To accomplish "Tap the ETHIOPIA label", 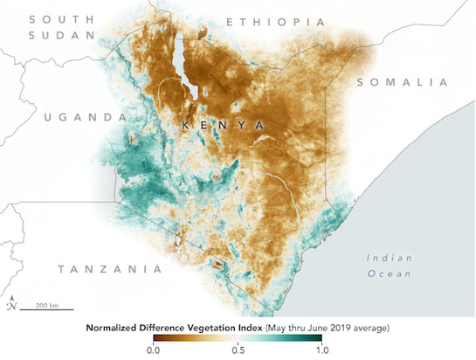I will click(276, 21).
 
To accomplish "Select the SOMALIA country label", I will click(401, 81).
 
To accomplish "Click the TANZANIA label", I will click(103, 269).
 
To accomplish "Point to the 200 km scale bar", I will click(41, 307).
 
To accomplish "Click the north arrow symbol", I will click(10, 305).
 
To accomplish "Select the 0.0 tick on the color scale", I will click(154, 350).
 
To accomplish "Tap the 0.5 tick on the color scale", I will click(237, 350).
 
